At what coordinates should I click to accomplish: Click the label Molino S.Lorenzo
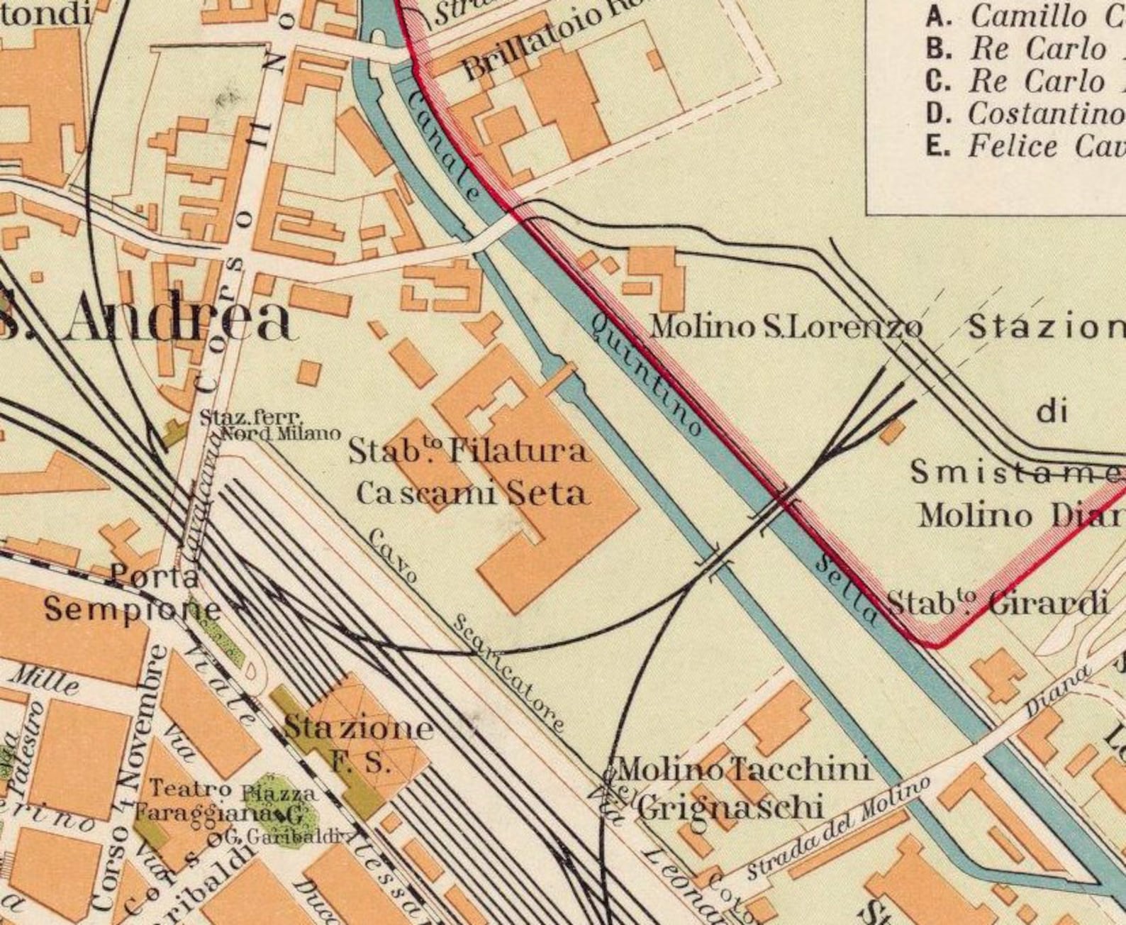(786, 327)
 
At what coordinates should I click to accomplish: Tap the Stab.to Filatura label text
(468, 451)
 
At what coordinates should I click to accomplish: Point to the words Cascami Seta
(472, 493)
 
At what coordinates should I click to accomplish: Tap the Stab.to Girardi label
(997, 604)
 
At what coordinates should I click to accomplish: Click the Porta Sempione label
(131, 593)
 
